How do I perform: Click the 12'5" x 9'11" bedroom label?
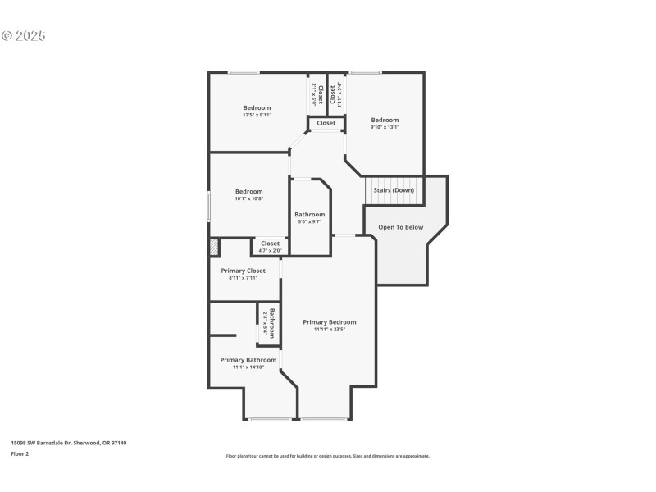pyautogui.click(x=257, y=112)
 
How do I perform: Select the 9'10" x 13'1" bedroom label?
pyautogui.click(x=384, y=123)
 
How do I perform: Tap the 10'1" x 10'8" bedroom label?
pyautogui.click(x=248, y=194)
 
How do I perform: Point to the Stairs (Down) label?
pyautogui.click(x=394, y=190)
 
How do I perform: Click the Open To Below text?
pyautogui.click(x=400, y=227)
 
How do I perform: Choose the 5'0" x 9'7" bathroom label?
pyautogui.click(x=309, y=217)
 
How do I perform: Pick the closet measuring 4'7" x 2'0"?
pyautogui.click(x=270, y=246)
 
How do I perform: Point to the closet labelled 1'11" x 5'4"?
pyautogui.click(x=335, y=95)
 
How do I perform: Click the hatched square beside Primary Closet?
pyautogui.click(x=214, y=247)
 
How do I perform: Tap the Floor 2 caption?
pyautogui.click(x=20, y=453)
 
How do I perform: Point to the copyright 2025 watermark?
pyautogui.click(x=24, y=36)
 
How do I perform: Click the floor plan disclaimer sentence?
pyautogui.click(x=327, y=456)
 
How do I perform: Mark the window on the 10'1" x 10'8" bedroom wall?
pyautogui.click(x=208, y=205)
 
